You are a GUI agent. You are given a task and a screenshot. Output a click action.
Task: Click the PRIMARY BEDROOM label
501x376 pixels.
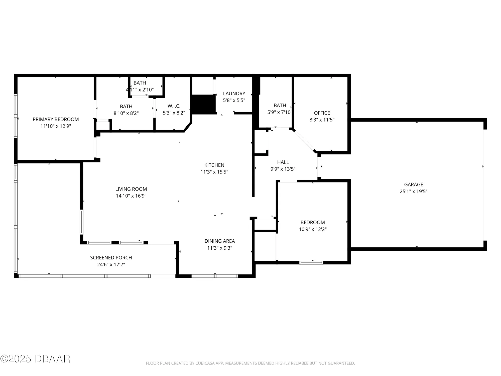pyautogui.click(x=56, y=119)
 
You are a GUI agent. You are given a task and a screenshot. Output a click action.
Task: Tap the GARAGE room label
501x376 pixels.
pyautogui.click(x=414, y=184)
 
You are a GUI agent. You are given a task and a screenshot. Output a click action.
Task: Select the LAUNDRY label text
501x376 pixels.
pyautogui.click(x=234, y=93)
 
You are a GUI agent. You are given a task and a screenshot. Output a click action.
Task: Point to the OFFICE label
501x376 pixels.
pyautogui.click(x=322, y=113)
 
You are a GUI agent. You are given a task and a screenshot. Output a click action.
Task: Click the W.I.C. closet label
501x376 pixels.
pyautogui.click(x=174, y=106)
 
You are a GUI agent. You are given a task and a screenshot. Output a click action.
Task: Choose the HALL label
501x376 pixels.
pyautogui.click(x=283, y=162)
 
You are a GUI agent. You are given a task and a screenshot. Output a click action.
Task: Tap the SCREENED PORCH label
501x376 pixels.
pyautogui.click(x=111, y=258)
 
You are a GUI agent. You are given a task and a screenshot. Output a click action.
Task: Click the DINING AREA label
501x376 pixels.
pyautogui.click(x=220, y=241)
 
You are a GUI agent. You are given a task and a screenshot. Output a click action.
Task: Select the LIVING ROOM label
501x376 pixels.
pyautogui.click(x=131, y=189)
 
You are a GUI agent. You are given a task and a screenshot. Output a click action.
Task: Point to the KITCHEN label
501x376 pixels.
pyautogui.click(x=214, y=165)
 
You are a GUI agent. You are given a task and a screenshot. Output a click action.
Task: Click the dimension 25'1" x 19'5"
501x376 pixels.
pyautogui.click(x=414, y=192)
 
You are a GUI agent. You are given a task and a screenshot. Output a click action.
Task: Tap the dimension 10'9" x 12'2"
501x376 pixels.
pyautogui.click(x=313, y=229)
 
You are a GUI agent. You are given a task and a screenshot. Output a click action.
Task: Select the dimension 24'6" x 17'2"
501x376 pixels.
pyautogui.click(x=111, y=264)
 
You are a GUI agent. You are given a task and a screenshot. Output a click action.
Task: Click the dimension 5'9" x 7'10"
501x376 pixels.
pyautogui.click(x=280, y=112)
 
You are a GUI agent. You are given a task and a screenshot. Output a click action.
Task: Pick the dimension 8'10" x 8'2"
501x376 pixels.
pyautogui.click(x=126, y=113)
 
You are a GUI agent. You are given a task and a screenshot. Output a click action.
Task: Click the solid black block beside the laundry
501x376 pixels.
pyautogui.click(x=204, y=104)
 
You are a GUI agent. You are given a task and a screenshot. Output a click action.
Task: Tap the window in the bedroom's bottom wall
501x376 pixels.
pyautogui.click(x=311, y=262)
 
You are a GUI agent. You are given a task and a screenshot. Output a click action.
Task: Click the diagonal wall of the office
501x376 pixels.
pyautogui.click(x=304, y=141)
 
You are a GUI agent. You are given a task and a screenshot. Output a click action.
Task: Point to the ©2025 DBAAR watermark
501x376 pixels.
pyautogui.click(x=35, y=359)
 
